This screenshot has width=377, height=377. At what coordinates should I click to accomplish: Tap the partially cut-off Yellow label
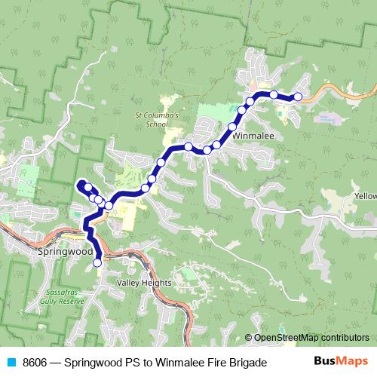pos(365,196)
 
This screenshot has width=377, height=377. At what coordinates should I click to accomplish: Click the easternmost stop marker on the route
pos(297,97)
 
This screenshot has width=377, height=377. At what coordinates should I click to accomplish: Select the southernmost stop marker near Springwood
pos(97,262)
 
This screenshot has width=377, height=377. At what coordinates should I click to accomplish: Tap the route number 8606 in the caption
pos(35,363)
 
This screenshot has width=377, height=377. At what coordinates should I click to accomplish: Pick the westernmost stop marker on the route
pos(87,188)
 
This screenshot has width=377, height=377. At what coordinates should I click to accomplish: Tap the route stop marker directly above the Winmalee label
pos(232,127)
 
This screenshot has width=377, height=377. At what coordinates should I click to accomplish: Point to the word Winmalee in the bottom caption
pos(174,363)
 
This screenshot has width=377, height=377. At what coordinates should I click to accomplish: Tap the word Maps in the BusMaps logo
pos(350,362)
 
